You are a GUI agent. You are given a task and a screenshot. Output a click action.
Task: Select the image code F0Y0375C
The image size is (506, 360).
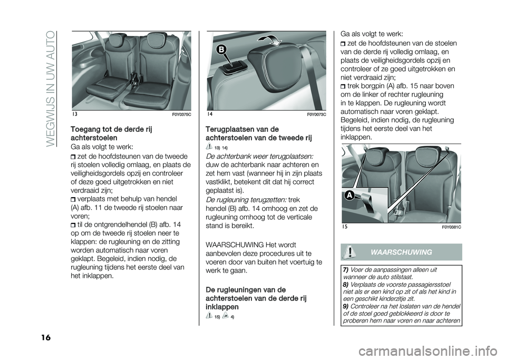[181, 114]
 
